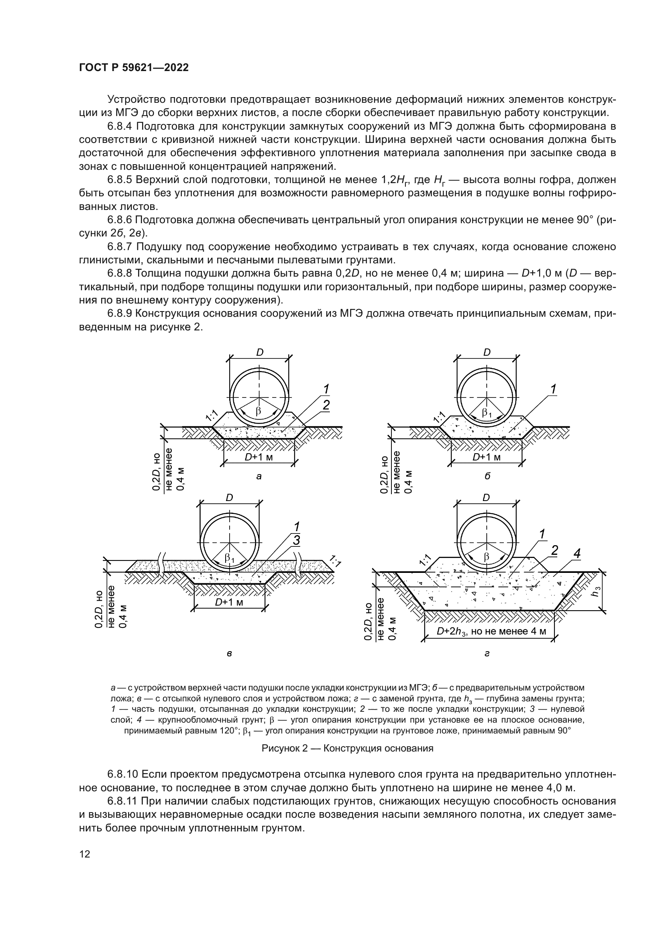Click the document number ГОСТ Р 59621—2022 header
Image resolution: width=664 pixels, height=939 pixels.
coord(134,68)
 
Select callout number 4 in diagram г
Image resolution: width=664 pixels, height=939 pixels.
coord(576,554)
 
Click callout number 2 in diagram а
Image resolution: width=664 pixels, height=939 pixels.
coord(326,405)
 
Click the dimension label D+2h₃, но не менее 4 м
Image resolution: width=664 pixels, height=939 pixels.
coord(491,631)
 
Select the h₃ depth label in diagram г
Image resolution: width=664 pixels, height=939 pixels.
coord(597,591)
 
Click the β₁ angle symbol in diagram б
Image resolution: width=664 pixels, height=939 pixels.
coord(487,413)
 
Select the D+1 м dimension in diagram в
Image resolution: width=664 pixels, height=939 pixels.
coord(229,602)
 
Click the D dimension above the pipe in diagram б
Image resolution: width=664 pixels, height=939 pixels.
coord(487,352)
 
